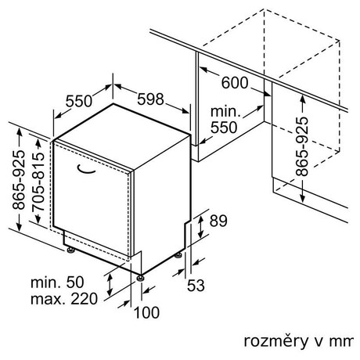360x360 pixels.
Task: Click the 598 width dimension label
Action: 150,99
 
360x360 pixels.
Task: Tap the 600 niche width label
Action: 235,83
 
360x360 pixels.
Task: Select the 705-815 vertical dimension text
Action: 38,182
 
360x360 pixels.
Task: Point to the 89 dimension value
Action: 218,221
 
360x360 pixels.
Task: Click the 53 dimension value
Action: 196,285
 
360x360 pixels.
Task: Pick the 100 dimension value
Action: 146,312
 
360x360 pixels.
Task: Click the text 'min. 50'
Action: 57,282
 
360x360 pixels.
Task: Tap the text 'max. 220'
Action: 64,299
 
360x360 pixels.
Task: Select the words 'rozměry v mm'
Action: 299,341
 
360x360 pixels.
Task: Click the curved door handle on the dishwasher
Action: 86,171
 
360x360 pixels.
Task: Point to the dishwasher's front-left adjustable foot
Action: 70,250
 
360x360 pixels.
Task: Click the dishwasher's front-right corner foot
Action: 141,278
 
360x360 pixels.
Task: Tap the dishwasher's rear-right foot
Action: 178,255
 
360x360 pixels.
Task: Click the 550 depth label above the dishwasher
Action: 79,101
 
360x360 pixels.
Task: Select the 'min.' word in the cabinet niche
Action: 225,111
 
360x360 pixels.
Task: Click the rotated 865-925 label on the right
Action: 302,146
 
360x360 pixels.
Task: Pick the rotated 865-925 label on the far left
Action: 19,180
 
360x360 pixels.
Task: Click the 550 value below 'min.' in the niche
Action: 224,128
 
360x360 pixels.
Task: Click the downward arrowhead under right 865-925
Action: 302,198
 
